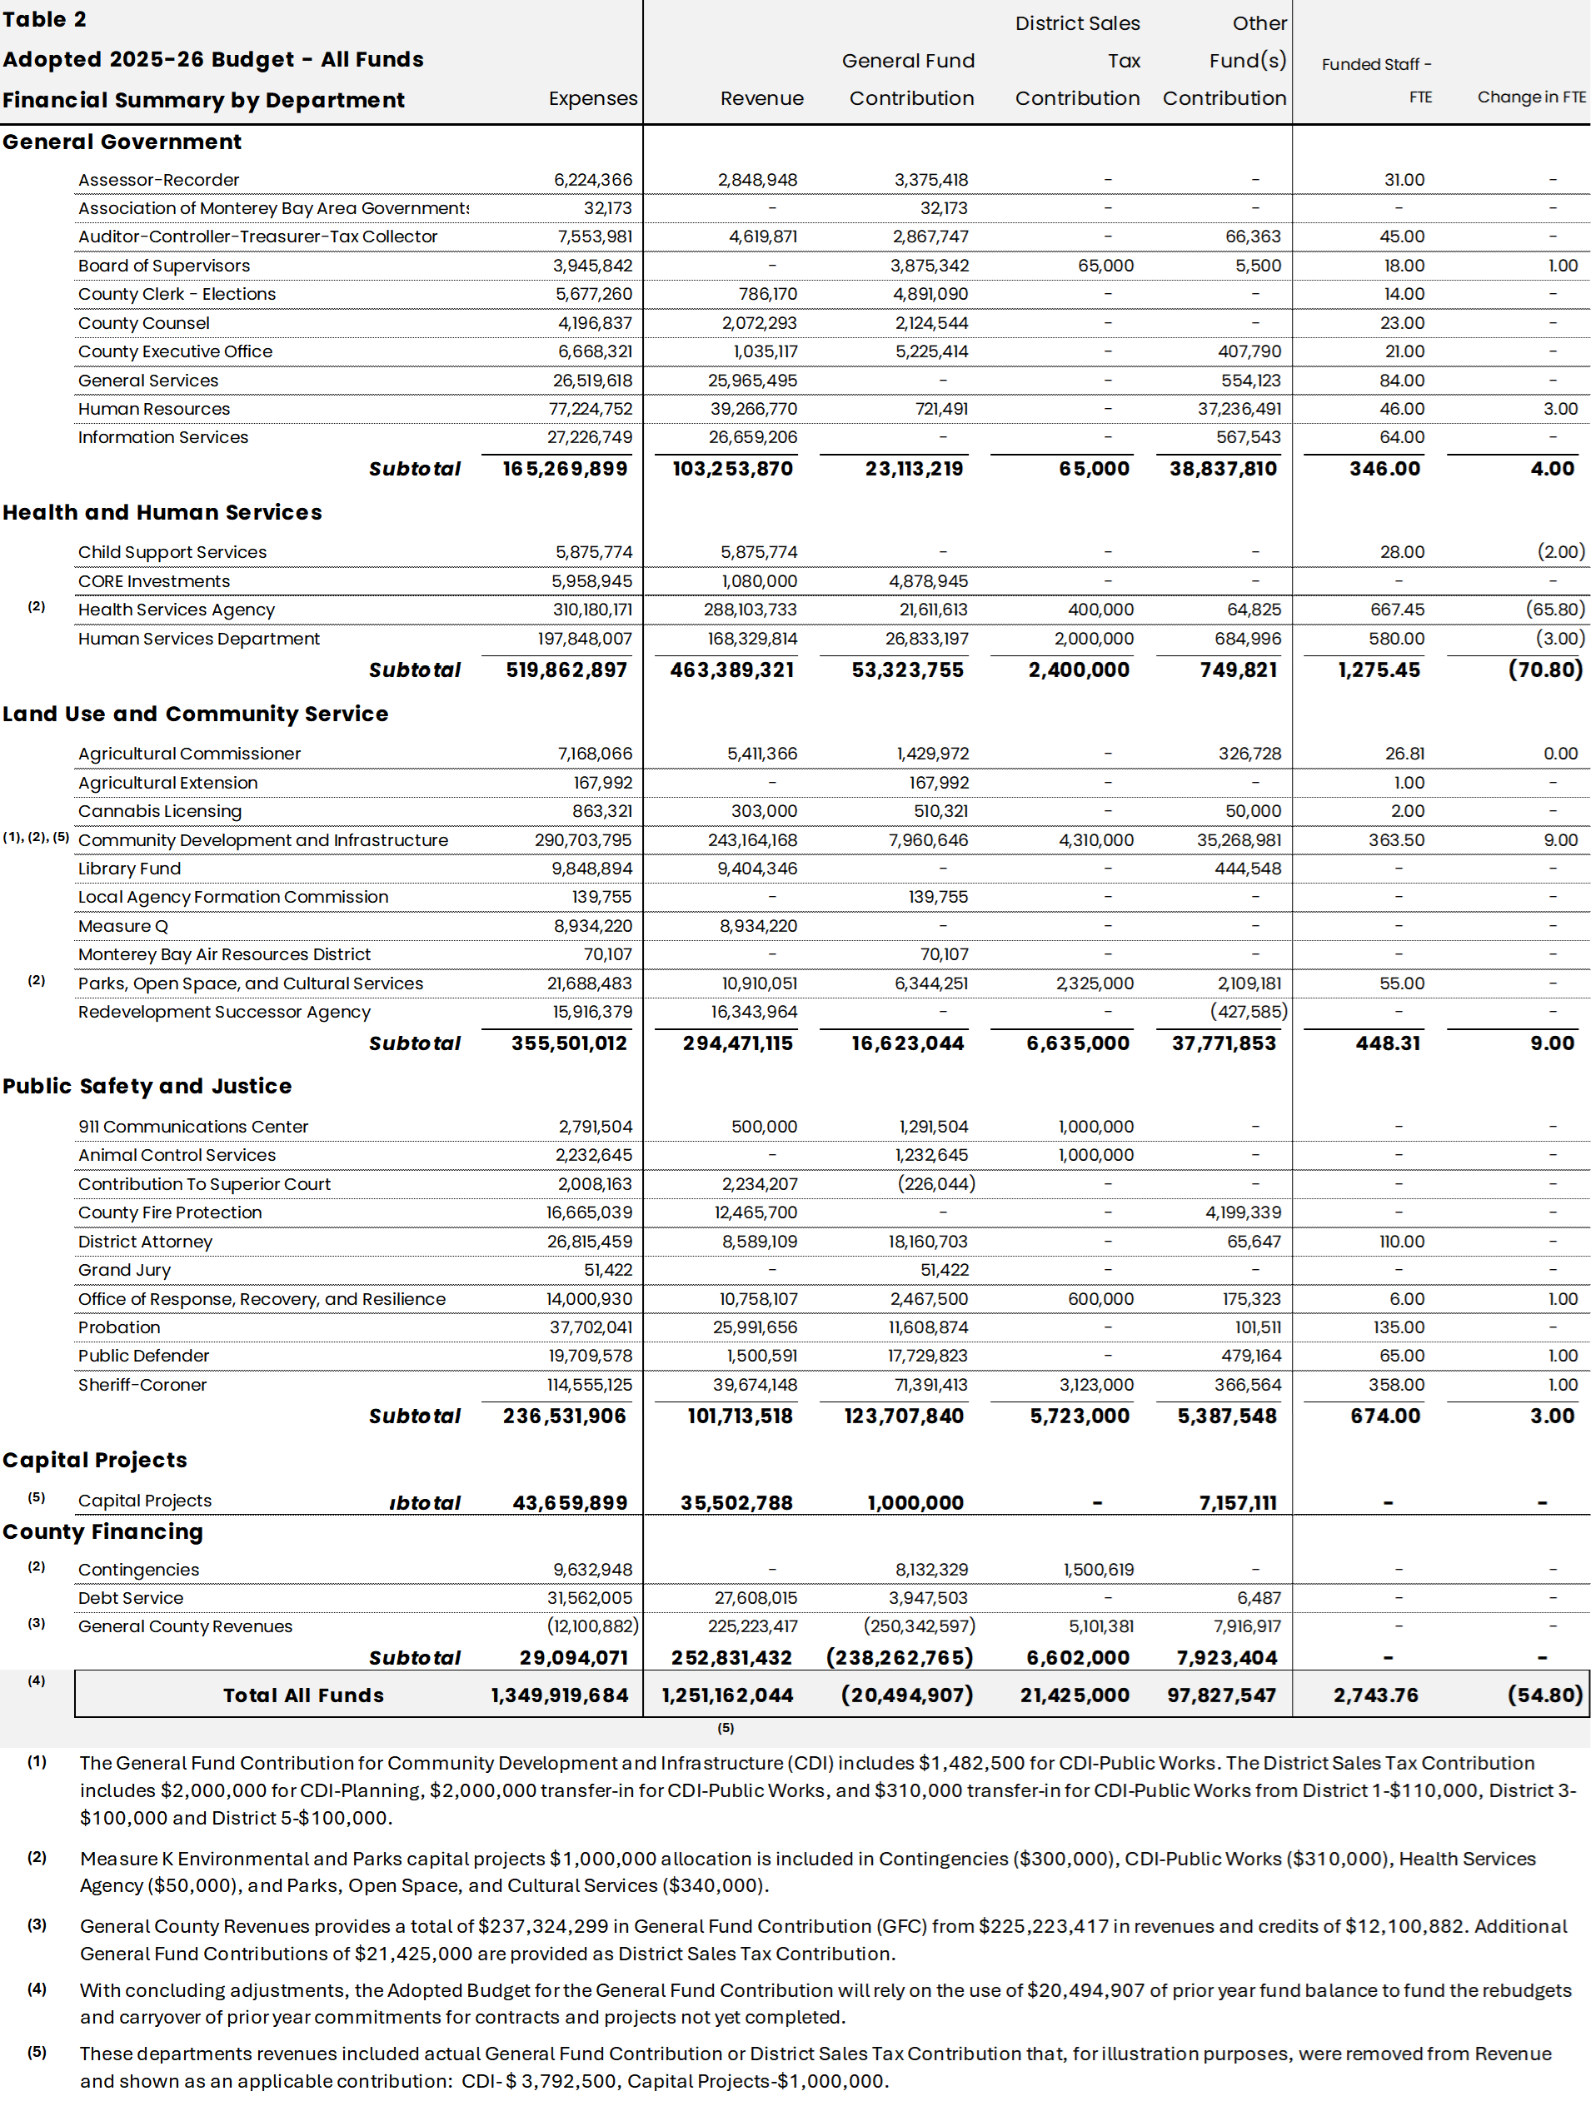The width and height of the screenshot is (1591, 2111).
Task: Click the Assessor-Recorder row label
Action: coord(158,179)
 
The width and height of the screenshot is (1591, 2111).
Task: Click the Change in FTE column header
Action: coord(1531,97)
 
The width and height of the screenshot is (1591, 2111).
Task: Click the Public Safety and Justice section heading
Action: coord(147,1086)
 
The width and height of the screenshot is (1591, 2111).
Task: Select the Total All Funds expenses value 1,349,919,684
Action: coord(559,1695)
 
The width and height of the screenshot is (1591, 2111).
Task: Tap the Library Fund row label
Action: coord(129,869)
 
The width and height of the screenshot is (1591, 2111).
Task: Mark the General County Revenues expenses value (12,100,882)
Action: coord(591,1626)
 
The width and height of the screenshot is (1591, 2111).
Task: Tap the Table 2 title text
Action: coord(45,20)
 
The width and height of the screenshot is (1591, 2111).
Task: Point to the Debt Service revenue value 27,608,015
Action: coord(755,1597)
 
